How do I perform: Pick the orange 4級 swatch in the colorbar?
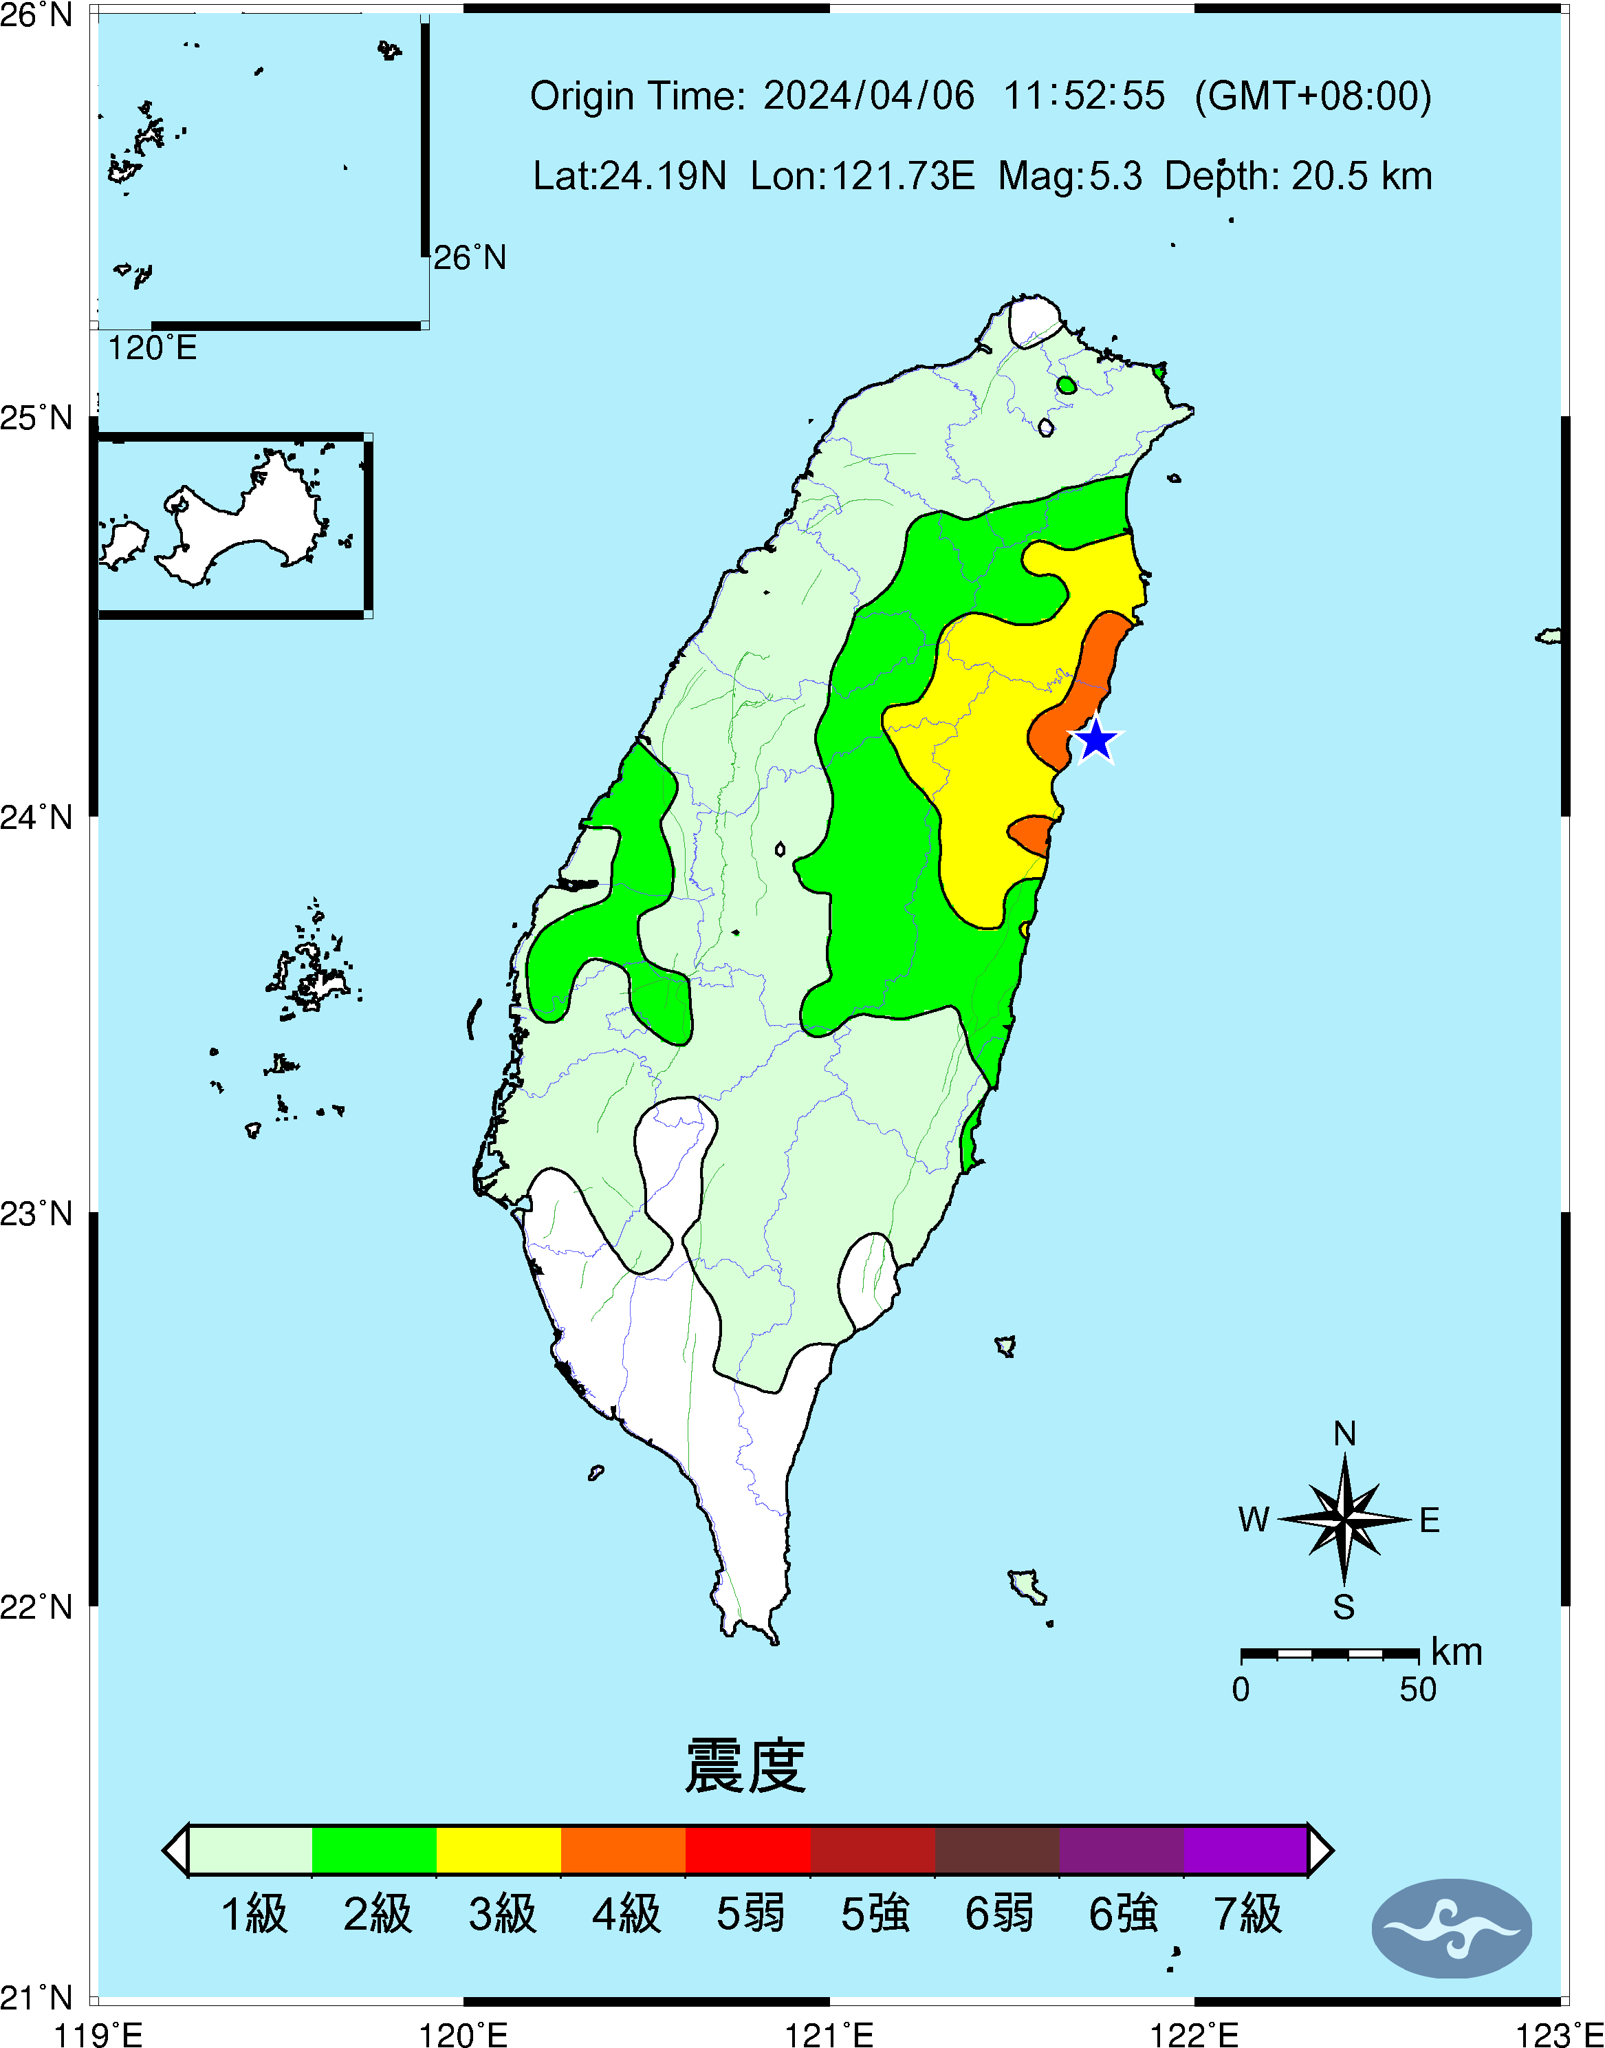(623, 1850)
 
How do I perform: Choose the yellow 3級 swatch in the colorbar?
(499, 1850)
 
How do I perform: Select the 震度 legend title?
(745, 1766)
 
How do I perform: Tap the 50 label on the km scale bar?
(1418, 1690)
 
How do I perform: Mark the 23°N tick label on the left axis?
(36, 1214)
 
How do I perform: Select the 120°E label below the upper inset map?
(152, 349)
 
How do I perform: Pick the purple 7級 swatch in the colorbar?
(1245, 1850)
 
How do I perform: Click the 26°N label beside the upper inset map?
(470, 257)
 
